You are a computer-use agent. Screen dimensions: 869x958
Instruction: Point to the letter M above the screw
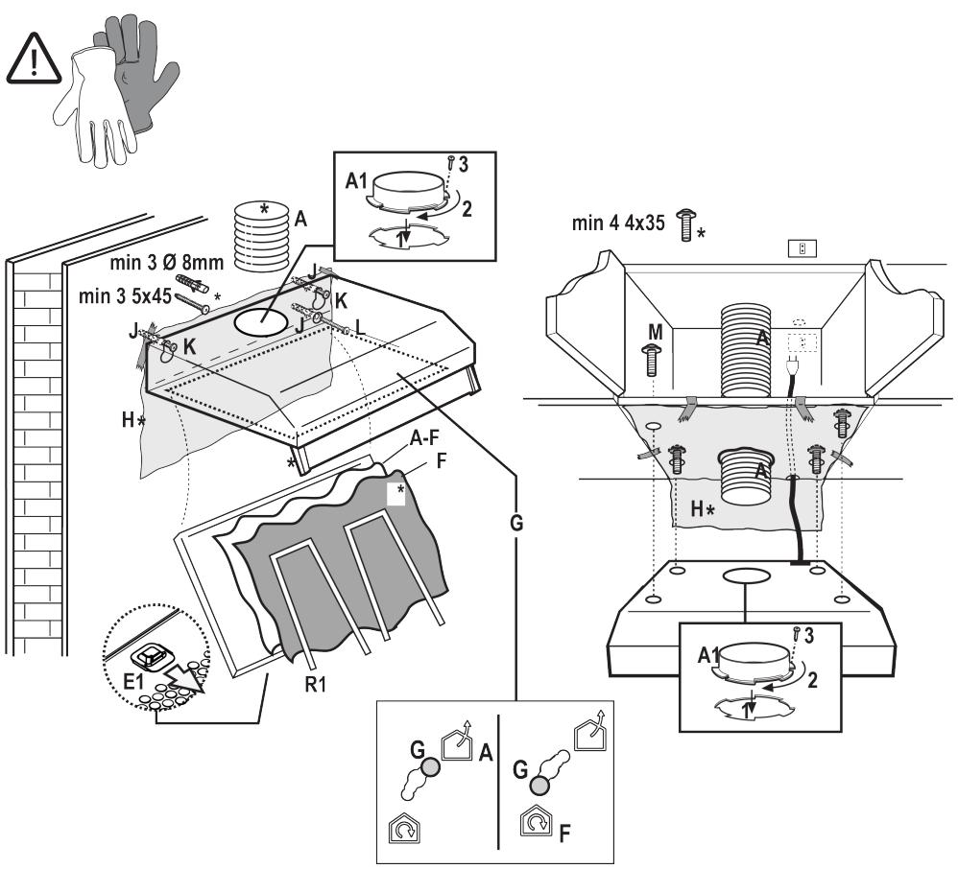656,331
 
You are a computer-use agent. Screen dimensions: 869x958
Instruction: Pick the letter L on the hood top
359,327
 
